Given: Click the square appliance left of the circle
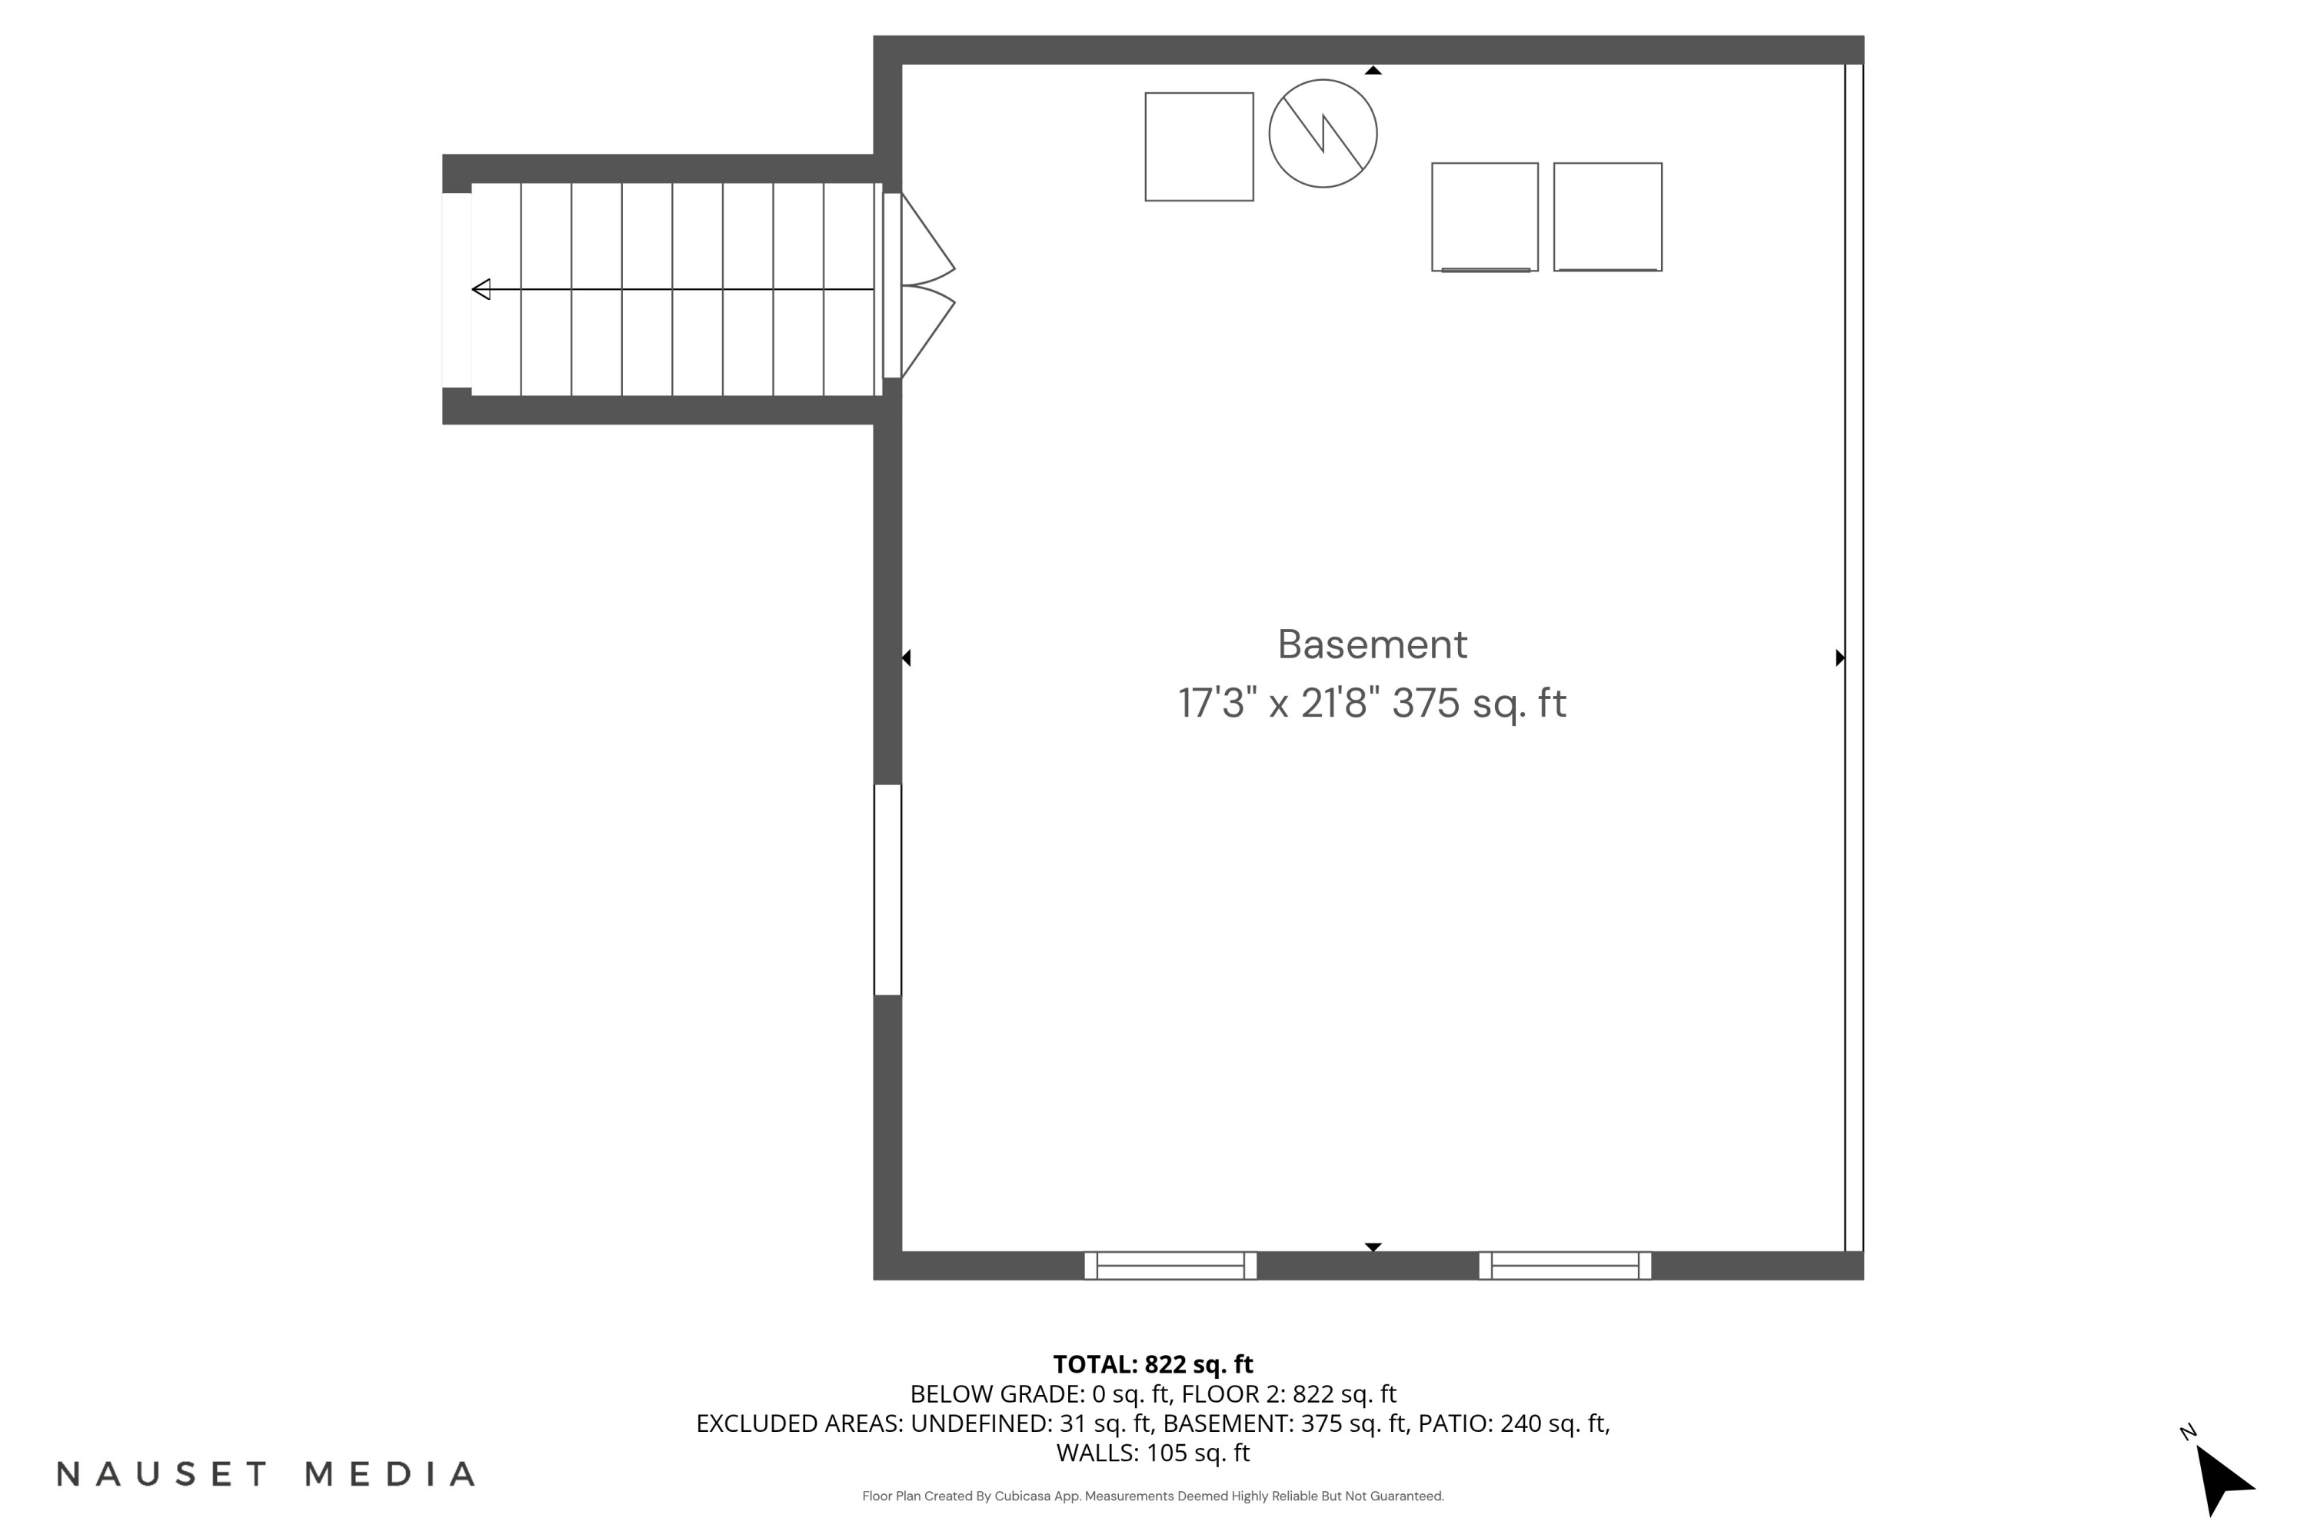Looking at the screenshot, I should (x=1199, y=147).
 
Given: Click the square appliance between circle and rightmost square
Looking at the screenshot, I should (x=1484, y=217).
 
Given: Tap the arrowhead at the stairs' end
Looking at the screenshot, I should (x=481, y=289).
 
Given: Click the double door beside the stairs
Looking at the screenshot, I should (x=922, y=285).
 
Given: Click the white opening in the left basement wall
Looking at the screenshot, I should (x=887, y=890).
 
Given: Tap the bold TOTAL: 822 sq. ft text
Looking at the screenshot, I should (x=1153, y=1364).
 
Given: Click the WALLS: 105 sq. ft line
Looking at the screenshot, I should (x=1153, y=1453).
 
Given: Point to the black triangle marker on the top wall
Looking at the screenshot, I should (x=1373, y=71).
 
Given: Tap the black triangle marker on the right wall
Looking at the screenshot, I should (x=1839, y=657).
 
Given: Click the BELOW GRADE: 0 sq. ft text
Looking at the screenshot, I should (x=1040, y=1393).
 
